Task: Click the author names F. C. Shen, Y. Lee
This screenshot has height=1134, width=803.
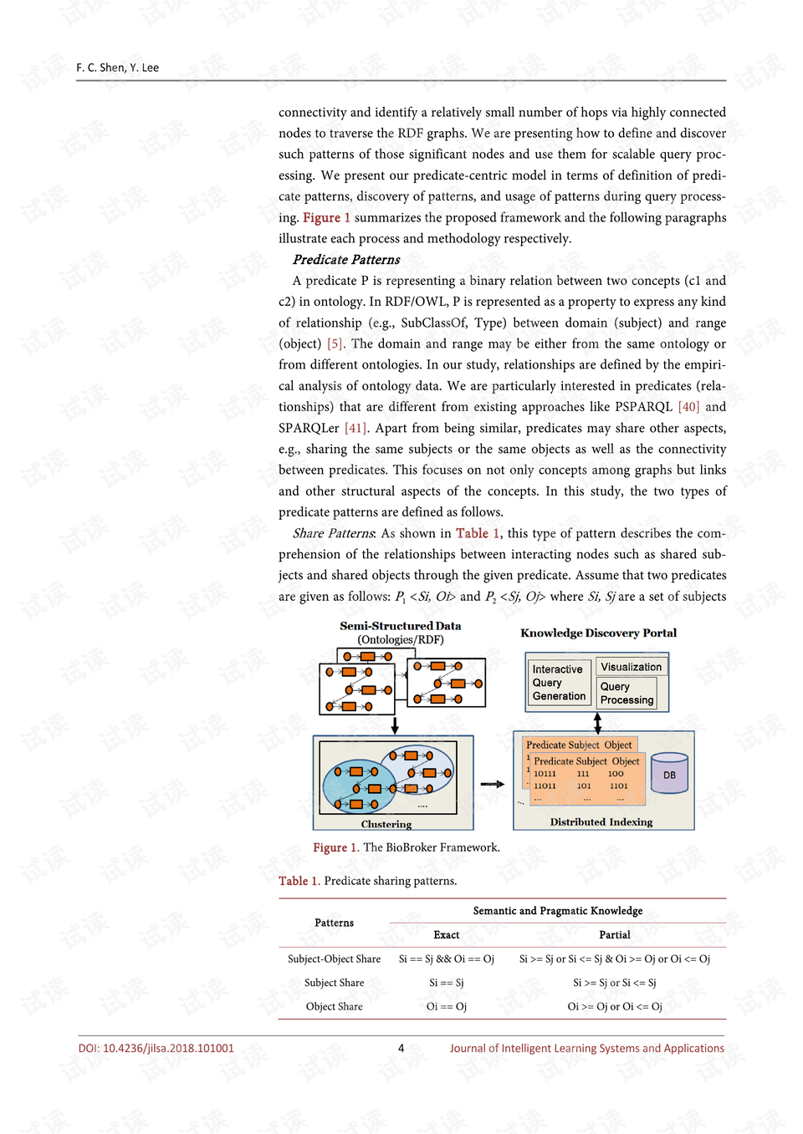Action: (117, 68)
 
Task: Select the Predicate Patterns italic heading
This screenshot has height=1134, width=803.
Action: (346, 260)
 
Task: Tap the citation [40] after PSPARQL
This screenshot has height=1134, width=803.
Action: (688, 407)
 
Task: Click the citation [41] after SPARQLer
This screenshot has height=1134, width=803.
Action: (356, 428)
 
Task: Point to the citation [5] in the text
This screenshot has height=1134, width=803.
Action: (335, 343)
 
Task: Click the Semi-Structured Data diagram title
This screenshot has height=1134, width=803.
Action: (400, 626)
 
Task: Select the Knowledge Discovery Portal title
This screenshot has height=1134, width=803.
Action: (598, 633)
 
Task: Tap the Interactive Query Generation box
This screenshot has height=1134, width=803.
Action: (559, 683)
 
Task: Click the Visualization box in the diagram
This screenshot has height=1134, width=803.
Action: (631, 667)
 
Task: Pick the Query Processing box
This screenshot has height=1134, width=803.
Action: (627, 693)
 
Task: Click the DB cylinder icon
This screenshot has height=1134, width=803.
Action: (669, 773)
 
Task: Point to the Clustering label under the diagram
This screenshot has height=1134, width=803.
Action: (386, 824)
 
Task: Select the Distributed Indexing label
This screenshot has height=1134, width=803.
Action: (601, 822)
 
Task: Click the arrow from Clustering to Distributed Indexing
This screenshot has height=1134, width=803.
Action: (493, 784)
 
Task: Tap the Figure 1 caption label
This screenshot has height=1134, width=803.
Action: (335, 847)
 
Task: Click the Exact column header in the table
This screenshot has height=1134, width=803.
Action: (446, 935)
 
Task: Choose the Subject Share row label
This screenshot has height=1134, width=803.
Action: (334, 983)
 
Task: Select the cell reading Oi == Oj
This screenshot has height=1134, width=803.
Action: (446, 1007)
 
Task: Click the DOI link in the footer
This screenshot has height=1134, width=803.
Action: (156, 1049)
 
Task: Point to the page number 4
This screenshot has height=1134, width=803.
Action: (401, 1049)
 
